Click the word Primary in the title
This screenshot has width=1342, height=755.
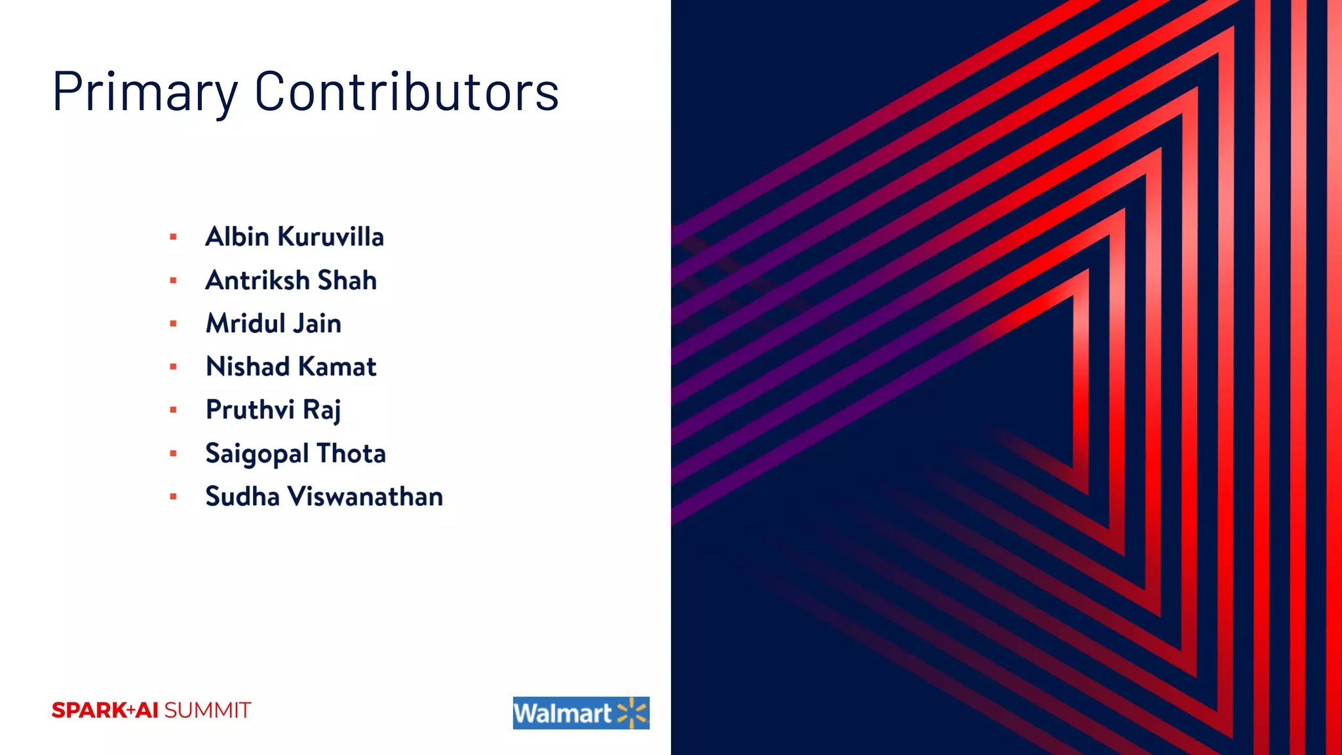(145, 92)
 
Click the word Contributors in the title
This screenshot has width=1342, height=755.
(406, 92)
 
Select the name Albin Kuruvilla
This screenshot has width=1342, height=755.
(294, 237)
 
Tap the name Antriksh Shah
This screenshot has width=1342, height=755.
(291, 281)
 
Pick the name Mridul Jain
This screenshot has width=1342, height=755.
(273, 324)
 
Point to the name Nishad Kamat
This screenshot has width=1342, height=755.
(291, 367)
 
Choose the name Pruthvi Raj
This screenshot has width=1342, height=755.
(273, 410)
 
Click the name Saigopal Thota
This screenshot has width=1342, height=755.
(296, 454)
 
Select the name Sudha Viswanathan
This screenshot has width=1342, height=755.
(324, 497)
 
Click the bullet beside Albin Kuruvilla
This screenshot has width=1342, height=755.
(174, 237)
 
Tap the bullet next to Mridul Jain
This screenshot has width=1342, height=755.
(174, 324)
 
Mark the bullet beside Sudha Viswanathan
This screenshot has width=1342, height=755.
(174, 497)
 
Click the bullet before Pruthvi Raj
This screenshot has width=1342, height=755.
(174, 410)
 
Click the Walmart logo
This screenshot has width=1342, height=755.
(581, 713)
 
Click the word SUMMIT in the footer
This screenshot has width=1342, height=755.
(207, 710)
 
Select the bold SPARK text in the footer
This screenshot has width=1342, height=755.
(89, 710)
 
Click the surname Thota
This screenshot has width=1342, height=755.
(351, 454)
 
